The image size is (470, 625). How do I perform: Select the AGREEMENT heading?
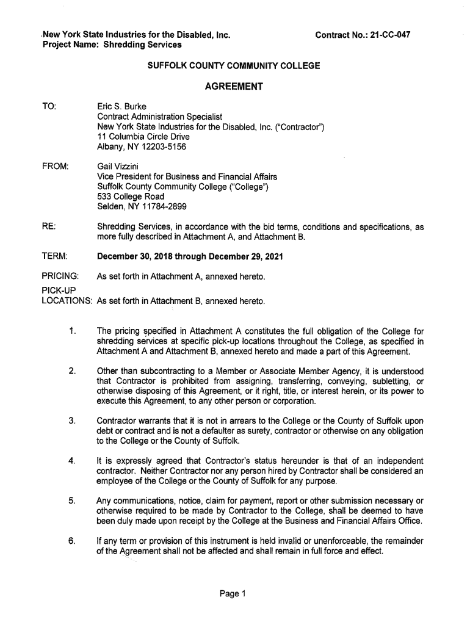[x=234, y=86]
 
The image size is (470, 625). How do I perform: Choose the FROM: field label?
[x=55, y=166]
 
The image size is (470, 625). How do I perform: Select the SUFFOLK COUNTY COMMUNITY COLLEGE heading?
[x=234, y=65]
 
